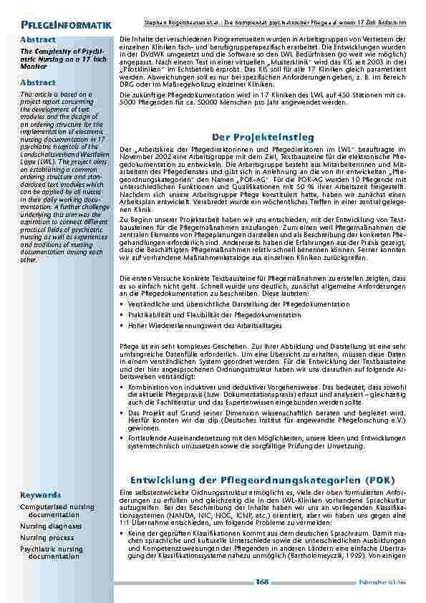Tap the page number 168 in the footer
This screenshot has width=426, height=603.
tap(262, 582)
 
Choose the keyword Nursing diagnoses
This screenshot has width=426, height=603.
tap(51, 526)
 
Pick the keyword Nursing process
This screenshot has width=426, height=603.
tap(47, 537)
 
